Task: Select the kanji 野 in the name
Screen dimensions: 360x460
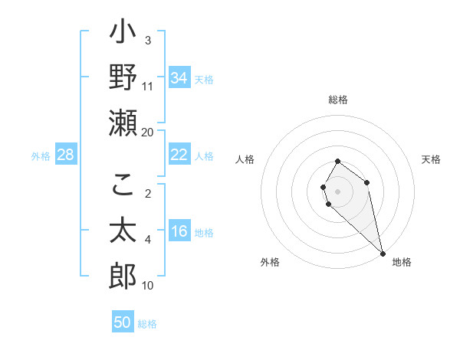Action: [123, 77]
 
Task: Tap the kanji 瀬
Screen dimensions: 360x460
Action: [123, 123]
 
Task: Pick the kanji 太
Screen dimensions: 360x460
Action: [123, 230]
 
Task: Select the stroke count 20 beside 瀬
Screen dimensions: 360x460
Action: [148, 133]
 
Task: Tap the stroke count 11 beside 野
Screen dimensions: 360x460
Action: [148, 87]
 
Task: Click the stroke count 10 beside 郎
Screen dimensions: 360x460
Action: [148, 286]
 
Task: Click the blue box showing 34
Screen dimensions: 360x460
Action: [179, 78]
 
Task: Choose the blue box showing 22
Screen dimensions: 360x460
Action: [179, 155]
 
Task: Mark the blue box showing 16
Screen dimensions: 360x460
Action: [179, 232]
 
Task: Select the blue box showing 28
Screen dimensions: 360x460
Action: [66, 155]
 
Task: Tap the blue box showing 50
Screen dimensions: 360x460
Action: [123, 322]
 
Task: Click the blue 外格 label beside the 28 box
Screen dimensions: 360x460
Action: [41, 156]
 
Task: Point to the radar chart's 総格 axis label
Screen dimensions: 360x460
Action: [338, 100]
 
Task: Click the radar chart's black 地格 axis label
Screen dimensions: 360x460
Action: [402, 262]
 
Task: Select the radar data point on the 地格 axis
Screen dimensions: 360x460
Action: [382, 253]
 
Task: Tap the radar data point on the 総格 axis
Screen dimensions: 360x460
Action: [337, 162]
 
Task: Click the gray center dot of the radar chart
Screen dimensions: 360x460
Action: [337, 191]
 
